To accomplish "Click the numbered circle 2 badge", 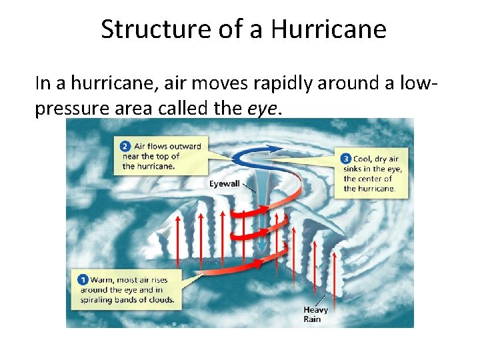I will pos(125,146).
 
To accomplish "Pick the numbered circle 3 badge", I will pos(345,159).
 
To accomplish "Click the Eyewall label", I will pos(225,183).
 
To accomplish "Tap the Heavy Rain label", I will pos(315,314).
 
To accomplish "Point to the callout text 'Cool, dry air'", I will pos(375,159).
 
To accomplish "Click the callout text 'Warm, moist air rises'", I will pos(125,281).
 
